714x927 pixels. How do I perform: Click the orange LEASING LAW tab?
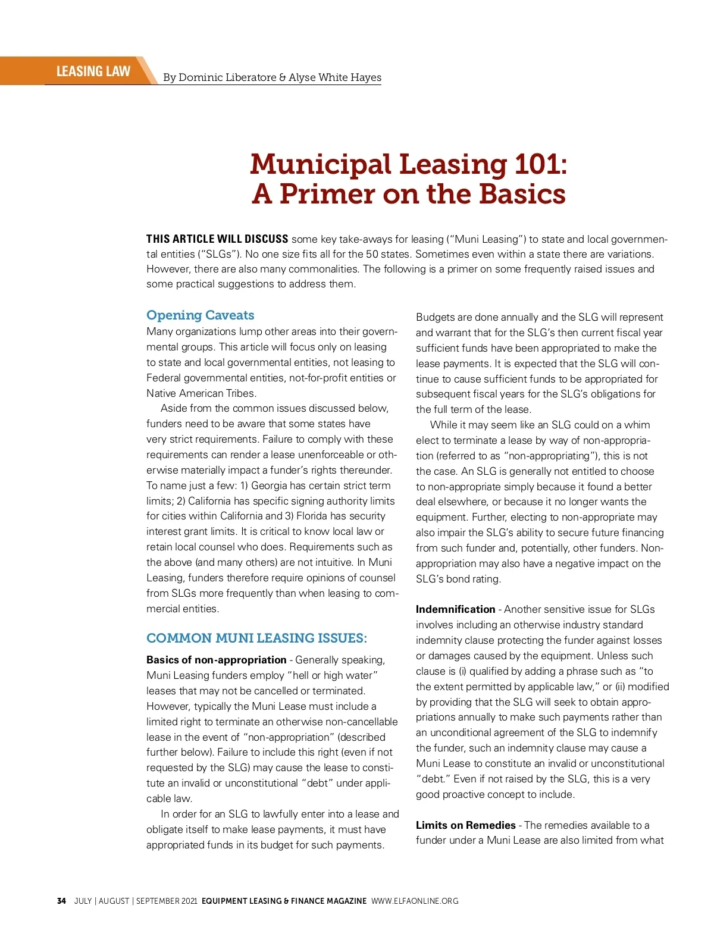coord(93,71)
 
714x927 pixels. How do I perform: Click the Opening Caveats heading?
coord(200,315)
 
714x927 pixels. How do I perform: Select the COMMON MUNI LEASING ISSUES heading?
coord(256,638)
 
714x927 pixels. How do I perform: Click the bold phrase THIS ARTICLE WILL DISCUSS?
coord(217,239)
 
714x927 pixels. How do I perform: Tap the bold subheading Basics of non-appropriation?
coord(217,660)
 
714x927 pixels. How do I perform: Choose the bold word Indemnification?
coord(455,609)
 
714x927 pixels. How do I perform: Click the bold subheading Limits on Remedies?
coord(465,825)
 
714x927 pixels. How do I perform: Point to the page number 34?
coord(61,901)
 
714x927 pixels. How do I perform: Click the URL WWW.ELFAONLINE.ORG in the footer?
coord(415,901)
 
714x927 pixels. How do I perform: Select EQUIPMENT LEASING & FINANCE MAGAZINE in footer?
coord(284,901)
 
